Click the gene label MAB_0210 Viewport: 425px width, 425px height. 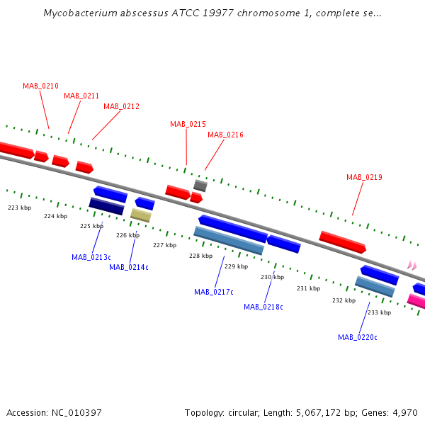coord(40,86)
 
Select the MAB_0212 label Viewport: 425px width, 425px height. coord(121,106)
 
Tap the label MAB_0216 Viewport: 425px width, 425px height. coord(225,135)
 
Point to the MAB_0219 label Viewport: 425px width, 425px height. coord(364,177)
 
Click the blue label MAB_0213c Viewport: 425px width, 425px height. coord(91,257)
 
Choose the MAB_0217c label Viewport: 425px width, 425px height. coord(214,292)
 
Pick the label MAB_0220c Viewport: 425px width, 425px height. coord(358,337)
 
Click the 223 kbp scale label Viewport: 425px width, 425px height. coord(20,208)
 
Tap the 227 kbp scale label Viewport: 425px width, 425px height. coord(165,245)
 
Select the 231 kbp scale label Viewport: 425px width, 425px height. coord(308,288)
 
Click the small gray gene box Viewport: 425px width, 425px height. coord(200,186)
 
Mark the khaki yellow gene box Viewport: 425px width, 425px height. coord(141,215)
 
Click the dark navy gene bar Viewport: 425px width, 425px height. coord(106,206)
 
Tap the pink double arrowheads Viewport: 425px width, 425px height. coord(412,266)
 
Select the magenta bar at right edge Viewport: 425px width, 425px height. coord(416,301)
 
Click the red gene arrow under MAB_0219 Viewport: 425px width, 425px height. coord(343,242)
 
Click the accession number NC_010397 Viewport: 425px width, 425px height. coord(76,413)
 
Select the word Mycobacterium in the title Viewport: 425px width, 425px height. coord(80,13)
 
